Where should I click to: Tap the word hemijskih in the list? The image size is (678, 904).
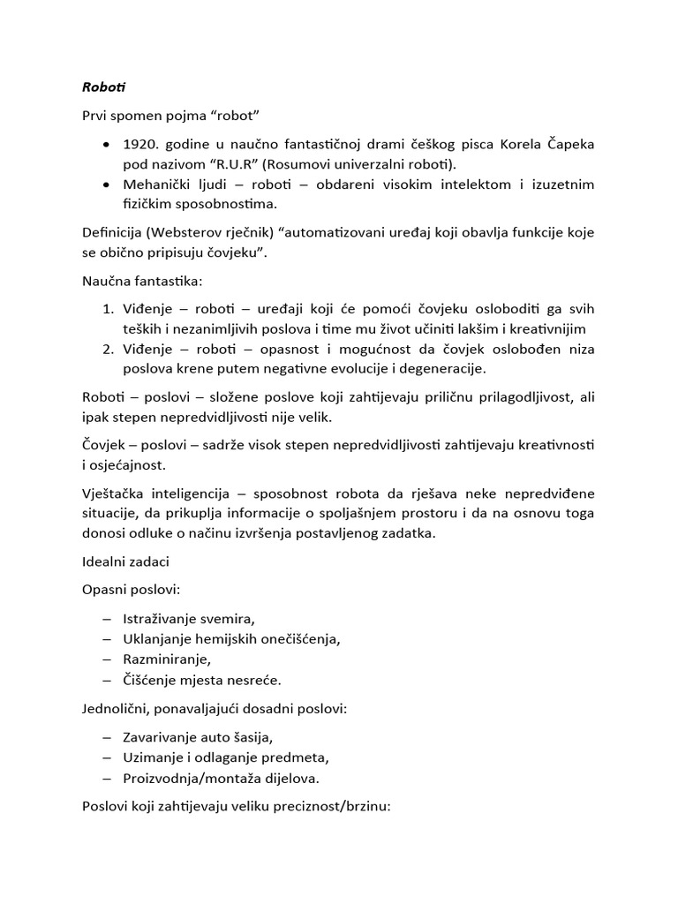pyautogui.click(x=223, y=639)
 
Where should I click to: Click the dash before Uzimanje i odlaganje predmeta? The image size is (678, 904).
pyautogui.click(x=107, y=757)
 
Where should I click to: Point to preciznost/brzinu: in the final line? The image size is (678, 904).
pyautogui.click(x=339, y=807)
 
